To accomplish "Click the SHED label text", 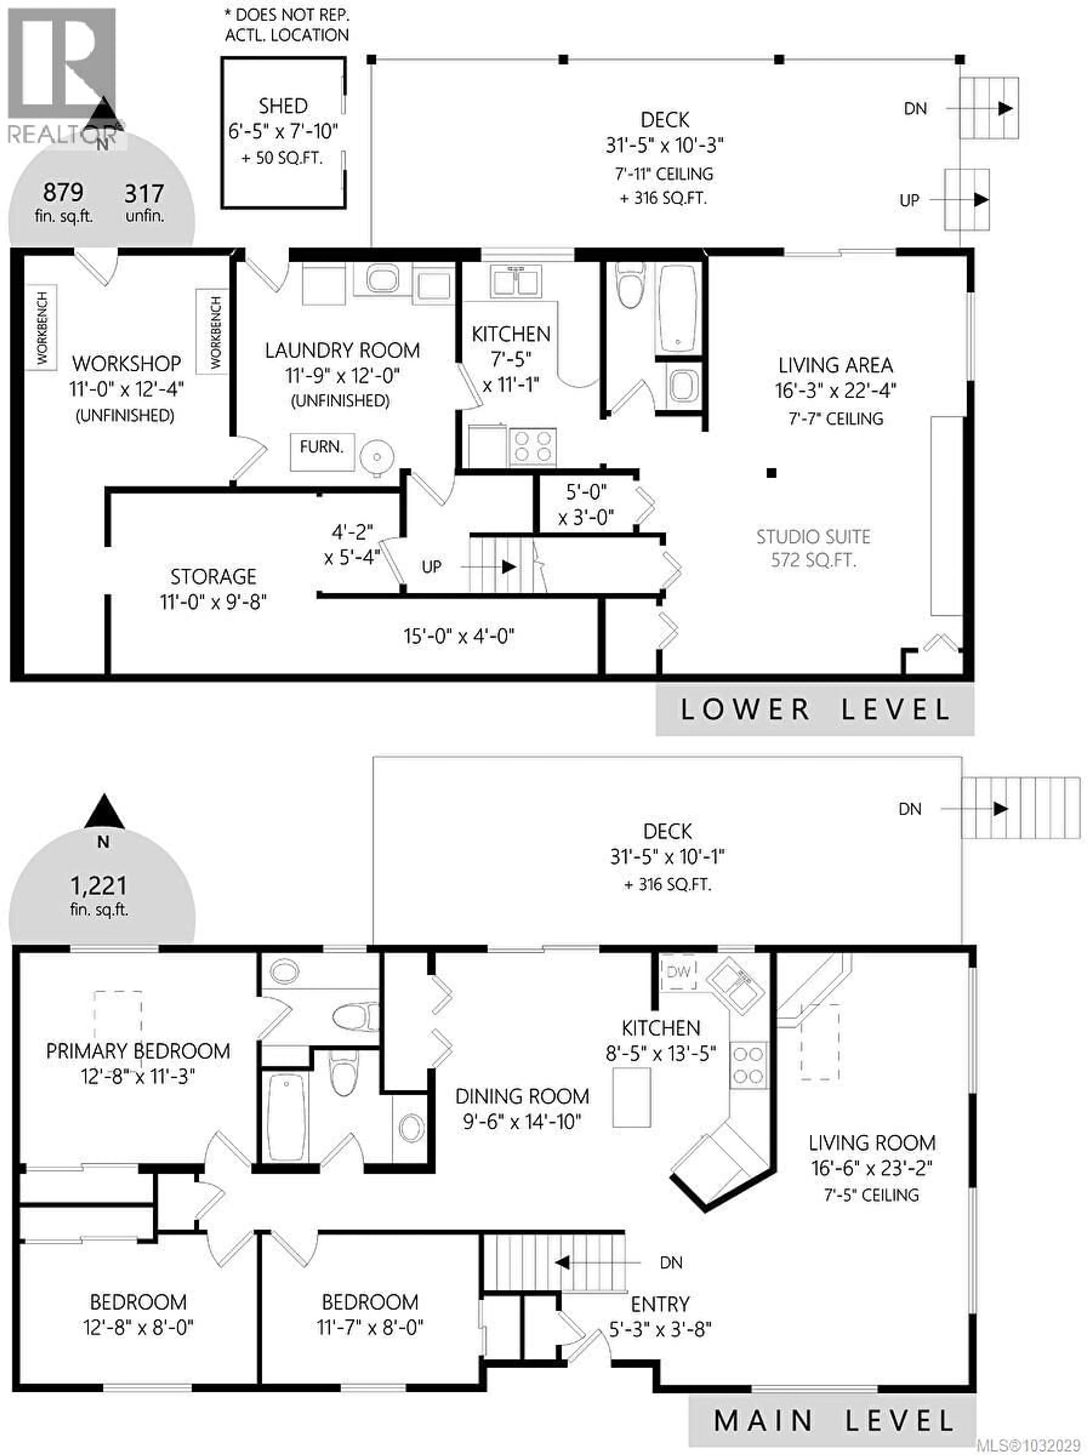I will point(283,106).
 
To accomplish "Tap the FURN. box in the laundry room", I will point(322,447).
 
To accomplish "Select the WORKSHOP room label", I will point(126,364).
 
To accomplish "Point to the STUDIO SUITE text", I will point(813,537).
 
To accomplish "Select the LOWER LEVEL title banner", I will point(814,709).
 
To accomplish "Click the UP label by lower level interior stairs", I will point(432,566).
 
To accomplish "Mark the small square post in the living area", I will point(772,472).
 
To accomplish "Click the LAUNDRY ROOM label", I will point(342,351).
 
